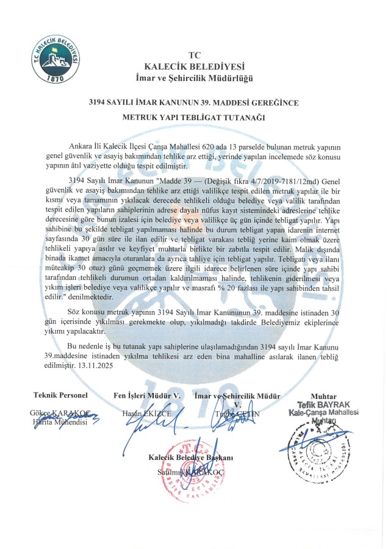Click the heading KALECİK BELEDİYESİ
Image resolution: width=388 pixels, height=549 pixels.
[193, 66]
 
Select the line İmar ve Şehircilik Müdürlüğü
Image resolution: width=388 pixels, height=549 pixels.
[193, 78]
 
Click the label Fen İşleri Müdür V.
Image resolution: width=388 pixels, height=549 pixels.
[148, 396]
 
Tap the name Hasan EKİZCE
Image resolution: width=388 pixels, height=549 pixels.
[147, 414]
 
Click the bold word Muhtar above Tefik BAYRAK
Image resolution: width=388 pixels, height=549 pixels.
[323, 396]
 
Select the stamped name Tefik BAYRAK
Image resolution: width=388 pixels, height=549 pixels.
[323, 405]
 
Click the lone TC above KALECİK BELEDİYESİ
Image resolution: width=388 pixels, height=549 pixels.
[193, 54]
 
